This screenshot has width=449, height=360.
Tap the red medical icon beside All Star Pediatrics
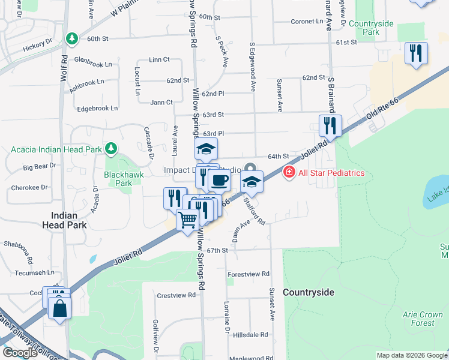pos(289,173)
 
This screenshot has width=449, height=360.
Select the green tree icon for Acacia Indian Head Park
pos(110,148)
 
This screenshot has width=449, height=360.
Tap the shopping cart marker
pos(187,221)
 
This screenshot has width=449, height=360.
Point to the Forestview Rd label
pos(249,274)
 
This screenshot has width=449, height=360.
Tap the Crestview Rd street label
pos(176,295)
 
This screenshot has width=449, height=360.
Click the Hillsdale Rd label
pos(251,335)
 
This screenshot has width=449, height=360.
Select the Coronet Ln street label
pos(307,21)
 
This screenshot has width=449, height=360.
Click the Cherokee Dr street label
pos(29,187)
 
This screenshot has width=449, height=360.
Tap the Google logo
pos(20,352)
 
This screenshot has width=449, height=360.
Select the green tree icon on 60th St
pos(73,38)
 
